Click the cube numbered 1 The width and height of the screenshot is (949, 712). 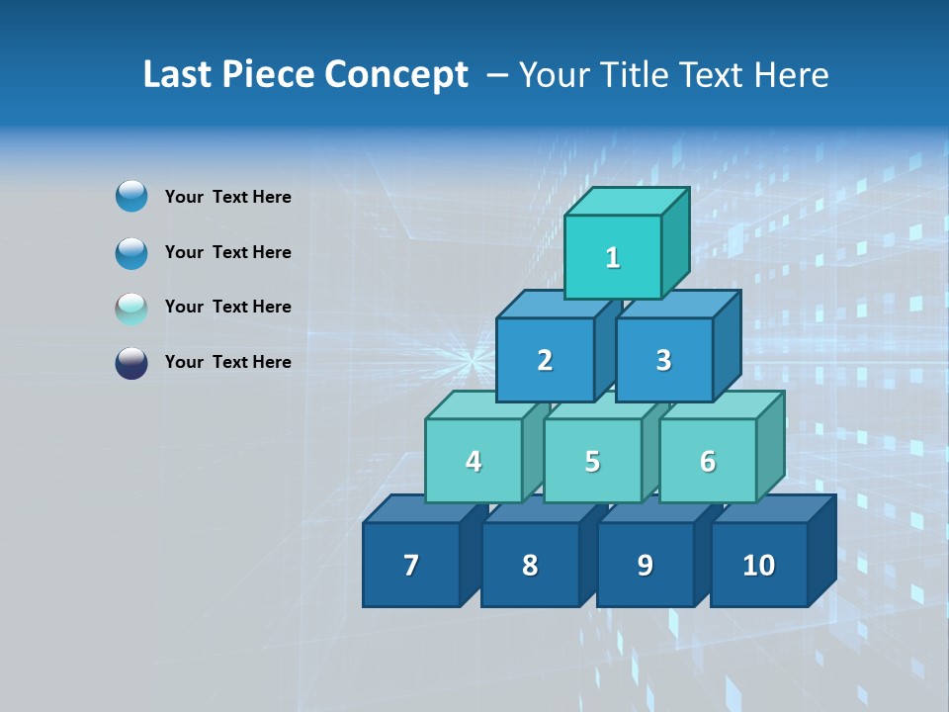coord(613,257)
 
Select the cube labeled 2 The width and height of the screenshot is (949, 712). coord(545,360)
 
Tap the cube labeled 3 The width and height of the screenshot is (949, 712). coord(663,360)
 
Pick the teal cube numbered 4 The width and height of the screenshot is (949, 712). coord(474,461)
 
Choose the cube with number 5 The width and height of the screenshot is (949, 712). coord(592,461)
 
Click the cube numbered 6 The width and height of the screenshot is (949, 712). coord(708,461)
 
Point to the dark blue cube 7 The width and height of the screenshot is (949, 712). coord(411,565)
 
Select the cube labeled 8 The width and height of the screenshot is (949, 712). coord(530,565)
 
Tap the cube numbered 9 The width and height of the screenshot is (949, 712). coord(645,565)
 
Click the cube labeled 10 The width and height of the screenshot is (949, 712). coord(758,565)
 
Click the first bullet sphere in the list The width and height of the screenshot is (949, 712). coord(131,197)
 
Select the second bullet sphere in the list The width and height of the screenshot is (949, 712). coord(131,252)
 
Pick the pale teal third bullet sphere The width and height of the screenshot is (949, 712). coord(131,308)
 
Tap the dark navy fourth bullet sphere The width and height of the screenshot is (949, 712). coord(131,362)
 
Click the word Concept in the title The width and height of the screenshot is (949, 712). coord(396,75)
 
